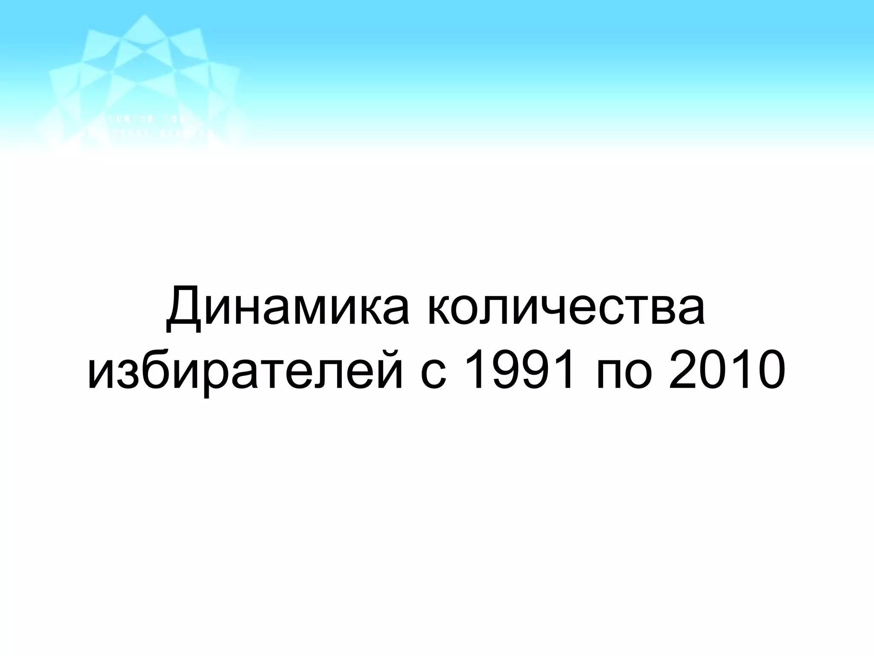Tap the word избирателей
245,371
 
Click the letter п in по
609,375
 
